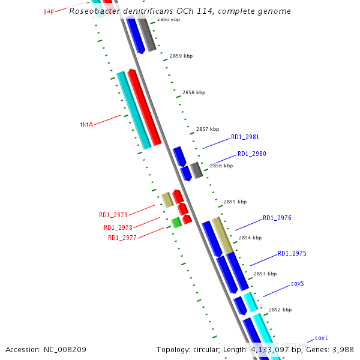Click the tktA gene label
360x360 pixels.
[x=86, y=124]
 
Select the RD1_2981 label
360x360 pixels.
[x=245, y=137]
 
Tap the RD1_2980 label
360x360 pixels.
[x=251, y=154]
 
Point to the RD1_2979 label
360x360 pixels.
[x=113, y=215]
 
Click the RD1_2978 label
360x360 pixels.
[x=118, y=227]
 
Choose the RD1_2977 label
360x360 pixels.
[x=122, y=238]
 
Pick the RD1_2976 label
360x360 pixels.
[x=277, y=218]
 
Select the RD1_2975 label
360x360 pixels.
[x=292, y=253]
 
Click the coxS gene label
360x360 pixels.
[x=298, y=283]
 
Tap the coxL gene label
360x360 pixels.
[x=322, y=338]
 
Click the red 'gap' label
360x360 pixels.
[x=49, y=11]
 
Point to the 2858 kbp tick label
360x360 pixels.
[x=193, y=92]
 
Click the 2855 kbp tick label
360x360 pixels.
[x=235, y=202]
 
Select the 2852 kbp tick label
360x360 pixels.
[x=280, y=310]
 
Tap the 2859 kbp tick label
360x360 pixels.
[x=181, y=56]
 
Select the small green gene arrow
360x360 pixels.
[x=176, y=223]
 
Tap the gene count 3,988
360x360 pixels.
[x=343, y=349]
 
